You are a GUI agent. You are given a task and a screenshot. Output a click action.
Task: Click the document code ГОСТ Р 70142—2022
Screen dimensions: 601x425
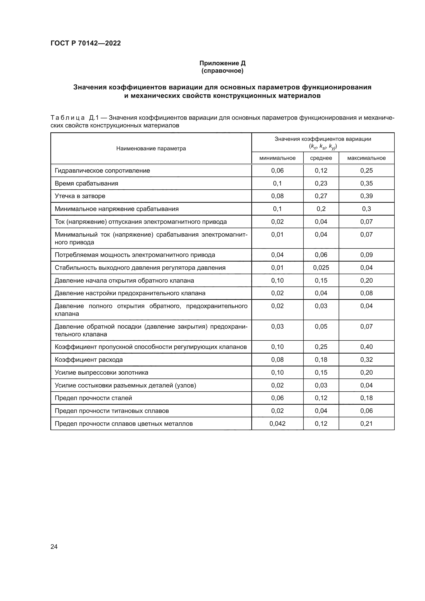86,43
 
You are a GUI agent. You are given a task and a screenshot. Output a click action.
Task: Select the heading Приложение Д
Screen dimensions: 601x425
223,63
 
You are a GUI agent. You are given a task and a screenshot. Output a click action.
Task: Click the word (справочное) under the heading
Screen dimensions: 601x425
223,71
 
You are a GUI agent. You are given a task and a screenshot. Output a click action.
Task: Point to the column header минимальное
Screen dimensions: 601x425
278,158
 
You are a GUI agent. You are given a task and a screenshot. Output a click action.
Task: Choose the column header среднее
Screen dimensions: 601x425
321,158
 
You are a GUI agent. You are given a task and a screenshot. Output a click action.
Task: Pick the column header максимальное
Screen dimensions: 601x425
366,158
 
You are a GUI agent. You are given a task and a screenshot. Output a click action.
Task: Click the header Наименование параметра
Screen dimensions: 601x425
151,149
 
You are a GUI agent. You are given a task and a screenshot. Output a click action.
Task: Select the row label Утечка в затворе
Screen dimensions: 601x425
80,196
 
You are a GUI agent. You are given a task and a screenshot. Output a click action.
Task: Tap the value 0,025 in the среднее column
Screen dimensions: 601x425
321,268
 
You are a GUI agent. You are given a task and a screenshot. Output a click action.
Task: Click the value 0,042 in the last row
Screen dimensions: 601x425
278,424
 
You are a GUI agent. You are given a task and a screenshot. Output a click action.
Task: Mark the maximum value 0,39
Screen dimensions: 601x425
366,196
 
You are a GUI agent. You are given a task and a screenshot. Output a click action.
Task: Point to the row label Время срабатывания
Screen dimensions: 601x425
86,183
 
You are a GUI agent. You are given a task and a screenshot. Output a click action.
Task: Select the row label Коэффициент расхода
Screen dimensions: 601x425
88,360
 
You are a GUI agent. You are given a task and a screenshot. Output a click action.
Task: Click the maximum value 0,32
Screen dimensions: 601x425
366,360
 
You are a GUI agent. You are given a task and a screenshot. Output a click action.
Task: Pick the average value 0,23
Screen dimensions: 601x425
321,183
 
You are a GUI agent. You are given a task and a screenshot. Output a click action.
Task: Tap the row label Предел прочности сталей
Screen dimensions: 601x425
93,398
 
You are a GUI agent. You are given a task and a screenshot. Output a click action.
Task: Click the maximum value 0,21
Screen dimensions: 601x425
366,424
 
